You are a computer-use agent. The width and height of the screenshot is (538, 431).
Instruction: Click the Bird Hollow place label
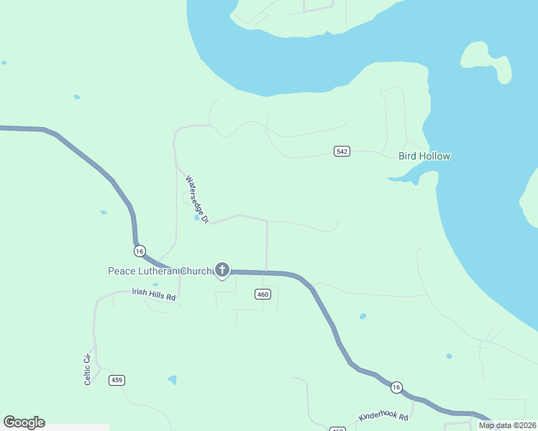(424, 156)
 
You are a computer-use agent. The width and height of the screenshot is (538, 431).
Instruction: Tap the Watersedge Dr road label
(196, 199)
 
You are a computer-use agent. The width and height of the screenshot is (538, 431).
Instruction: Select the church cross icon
(222, 270)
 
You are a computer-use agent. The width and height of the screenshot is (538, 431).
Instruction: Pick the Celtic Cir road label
(88, 369)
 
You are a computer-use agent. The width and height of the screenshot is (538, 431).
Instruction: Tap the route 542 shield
(342, 151)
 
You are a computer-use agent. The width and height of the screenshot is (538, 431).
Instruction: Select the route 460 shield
(263, 294)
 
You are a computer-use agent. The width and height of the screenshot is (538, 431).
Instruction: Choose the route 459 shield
(117, 379)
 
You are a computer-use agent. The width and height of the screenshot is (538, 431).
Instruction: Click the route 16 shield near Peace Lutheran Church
(140, 250)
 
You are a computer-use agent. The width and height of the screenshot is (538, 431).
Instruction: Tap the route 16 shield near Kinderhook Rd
(396, 387)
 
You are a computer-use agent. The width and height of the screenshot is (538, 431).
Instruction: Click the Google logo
(24, 422)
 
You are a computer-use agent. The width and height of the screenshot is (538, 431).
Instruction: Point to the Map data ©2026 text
(508, 425)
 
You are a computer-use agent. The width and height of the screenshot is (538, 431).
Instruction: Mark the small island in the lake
(487, 62)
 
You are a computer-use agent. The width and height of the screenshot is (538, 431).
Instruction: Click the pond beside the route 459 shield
(172, 379)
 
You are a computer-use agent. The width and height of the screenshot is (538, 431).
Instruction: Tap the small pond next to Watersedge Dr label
(196, 218)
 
